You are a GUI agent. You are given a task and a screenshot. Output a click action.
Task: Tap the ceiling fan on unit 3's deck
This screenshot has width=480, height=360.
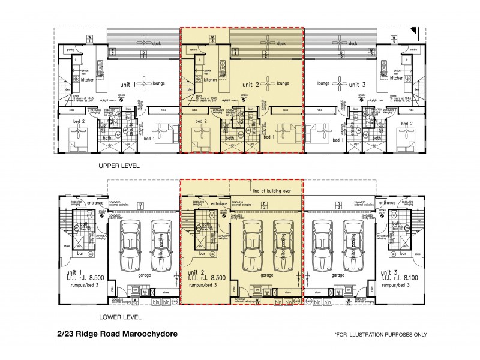[340, 41]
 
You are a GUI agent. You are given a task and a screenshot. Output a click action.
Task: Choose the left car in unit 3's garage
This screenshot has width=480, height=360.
[323, 245]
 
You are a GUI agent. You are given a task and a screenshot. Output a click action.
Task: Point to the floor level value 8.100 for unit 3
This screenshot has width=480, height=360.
[400, 278]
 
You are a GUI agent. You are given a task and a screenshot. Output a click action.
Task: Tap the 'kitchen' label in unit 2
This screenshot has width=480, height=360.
[210, 79]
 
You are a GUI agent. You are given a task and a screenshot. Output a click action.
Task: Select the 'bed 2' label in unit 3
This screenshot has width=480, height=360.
[407, 124]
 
